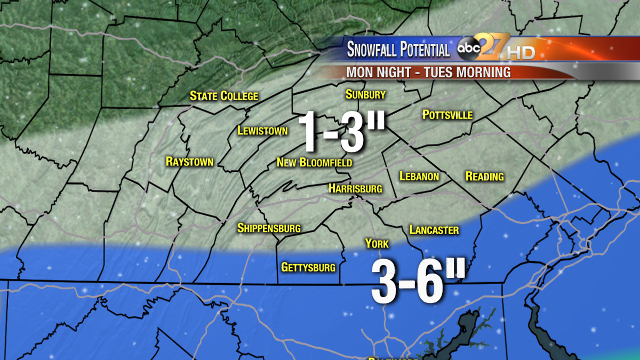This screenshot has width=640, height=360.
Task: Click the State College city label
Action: click(224, 96)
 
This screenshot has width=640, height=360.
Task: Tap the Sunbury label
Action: click(365, 94)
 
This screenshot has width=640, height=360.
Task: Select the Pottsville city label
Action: click(447, 115)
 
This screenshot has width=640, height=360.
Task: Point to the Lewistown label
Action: click(262, 131)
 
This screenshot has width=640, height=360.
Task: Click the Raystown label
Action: click(189, 162)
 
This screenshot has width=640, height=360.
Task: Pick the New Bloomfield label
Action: click(314, 162)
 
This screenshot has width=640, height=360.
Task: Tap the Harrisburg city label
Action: click(355, 188)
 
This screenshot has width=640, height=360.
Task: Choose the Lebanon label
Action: click(419, 176)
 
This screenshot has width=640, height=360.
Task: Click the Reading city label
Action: click(484, 176)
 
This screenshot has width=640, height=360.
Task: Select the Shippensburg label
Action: click(269, 228)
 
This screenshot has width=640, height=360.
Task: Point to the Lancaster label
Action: click(434, 230)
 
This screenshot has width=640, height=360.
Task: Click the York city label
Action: click(377, 244)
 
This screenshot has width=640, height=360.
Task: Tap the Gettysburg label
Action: click(308, 267)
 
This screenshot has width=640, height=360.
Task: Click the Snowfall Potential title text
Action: click(398, 50)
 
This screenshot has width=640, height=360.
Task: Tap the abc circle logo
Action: click(468, 49)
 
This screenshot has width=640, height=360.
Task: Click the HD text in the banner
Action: click(521, 53)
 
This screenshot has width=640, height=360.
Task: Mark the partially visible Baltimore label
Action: click(393, 357)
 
